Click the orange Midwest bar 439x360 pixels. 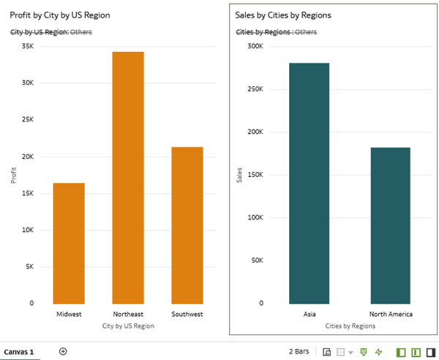[x=69, y=243]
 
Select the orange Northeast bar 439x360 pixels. [x=128, y=177]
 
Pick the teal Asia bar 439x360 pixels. [x=309, y=183]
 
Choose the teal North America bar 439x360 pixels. [x=390, y=225]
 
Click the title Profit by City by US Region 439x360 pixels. [x=60, y=15]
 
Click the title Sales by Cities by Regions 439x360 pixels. [x=283, y=15]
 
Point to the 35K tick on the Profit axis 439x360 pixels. [x=27, y=46]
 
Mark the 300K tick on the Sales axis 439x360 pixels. [x=255, y=46]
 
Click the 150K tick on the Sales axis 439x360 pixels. [x=255, y=175]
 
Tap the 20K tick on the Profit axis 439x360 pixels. [x=27, y=157]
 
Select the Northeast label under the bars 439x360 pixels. [x=128, y=315]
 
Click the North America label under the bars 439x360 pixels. [x=390, y=315]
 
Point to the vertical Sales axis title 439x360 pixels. [x=240, y=174]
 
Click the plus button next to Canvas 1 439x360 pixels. [x=63, y=351]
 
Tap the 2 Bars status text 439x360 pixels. [x=299, y=352]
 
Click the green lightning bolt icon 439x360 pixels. [x=378, y=352]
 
